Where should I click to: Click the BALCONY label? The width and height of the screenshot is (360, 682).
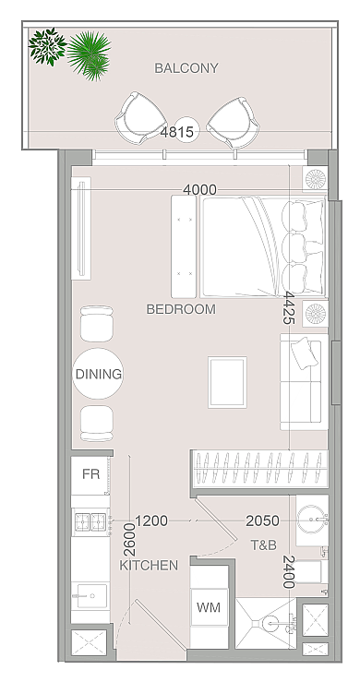pos(186,68)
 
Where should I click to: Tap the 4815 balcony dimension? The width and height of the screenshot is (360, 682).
pos(176,131)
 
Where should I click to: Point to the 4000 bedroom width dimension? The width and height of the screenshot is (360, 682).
pos(199,189)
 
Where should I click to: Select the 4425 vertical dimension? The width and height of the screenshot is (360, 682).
pos(289,307)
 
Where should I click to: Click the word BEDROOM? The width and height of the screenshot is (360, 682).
pos(181,309)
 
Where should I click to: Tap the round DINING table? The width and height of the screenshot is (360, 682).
pos(98,374)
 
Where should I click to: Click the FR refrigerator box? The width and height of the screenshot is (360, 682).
pos(90,474)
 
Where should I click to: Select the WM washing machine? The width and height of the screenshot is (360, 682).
pos(209,607)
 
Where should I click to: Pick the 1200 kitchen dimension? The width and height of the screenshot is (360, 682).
pos(151,520)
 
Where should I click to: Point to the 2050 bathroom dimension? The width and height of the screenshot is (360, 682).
pos(262,520)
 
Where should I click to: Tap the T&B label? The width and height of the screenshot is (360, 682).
pos(263,545)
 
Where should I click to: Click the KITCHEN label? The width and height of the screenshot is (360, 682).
pos(149,566)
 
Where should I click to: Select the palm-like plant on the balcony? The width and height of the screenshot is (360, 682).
pos(90,55)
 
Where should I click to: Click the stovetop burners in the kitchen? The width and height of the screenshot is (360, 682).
pos(91,521)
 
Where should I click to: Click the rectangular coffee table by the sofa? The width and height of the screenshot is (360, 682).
pos(227,382)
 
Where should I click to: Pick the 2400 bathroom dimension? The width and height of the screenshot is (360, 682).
pos(289,571)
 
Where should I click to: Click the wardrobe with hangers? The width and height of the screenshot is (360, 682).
pos(259,470)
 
